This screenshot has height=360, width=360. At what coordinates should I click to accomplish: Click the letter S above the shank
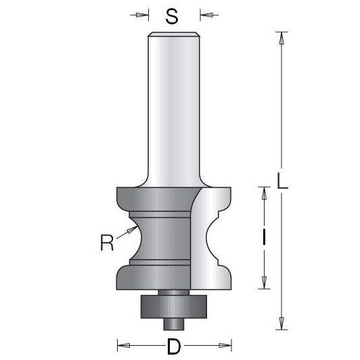point(173,16)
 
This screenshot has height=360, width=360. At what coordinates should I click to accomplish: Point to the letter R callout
point(106,242)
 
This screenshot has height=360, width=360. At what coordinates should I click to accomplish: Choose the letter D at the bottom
point(174,347)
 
